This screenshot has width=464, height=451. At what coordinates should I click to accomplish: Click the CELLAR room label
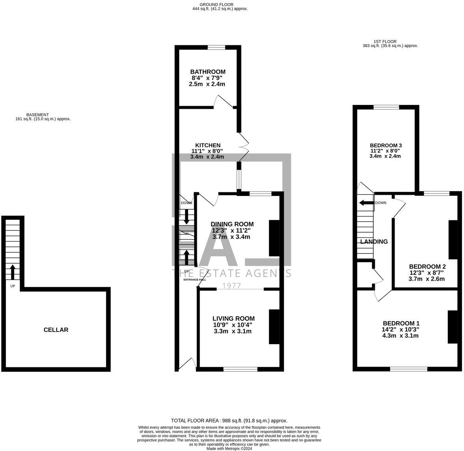(56, 330)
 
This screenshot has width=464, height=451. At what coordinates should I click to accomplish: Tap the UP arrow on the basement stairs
(12, 272)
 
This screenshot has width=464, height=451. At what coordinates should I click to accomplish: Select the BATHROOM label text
(208, 72)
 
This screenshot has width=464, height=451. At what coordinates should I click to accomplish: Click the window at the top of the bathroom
(216, 48)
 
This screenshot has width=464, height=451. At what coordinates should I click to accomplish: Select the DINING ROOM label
(232, 224)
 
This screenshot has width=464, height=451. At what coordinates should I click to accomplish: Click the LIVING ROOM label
(233, 319)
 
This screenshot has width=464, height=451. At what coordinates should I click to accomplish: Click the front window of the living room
(240, 369)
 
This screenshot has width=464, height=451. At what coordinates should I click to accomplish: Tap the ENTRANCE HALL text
(195, 280)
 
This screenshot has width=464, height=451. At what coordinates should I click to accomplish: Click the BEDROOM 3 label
(385, 145)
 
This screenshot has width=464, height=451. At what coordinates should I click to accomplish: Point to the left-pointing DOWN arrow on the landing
(366, 203)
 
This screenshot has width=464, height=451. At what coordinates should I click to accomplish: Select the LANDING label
(374, 242)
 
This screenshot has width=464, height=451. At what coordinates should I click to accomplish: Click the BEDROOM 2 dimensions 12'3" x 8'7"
(427, 272)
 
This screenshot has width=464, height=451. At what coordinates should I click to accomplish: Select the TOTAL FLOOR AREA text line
(229, 421)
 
